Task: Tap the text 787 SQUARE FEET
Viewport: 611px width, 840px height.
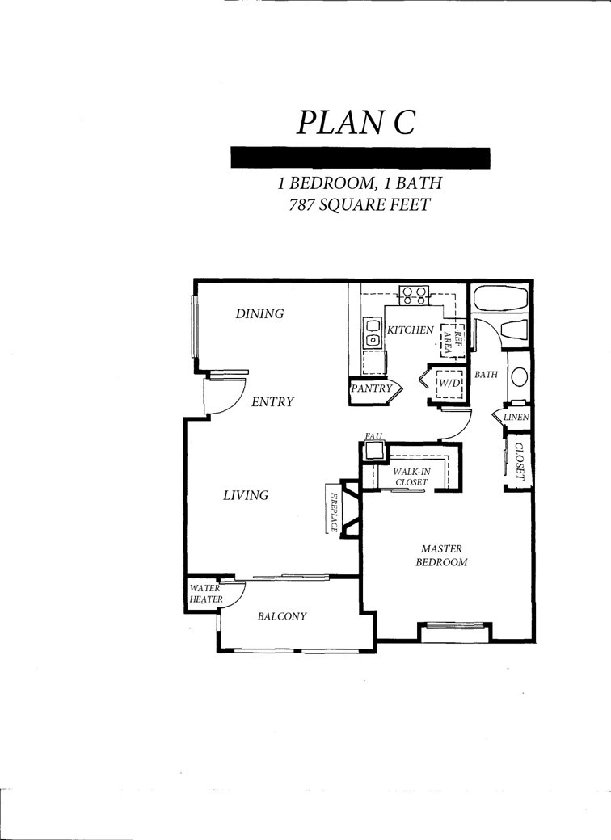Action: [360, 204]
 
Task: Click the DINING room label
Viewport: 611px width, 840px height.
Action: [259, 313]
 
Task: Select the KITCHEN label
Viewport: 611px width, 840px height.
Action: [411, 330]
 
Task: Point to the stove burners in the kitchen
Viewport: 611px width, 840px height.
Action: [415, 295]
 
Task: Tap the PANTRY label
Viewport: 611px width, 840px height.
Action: [371, 388]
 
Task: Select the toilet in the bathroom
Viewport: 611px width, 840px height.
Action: [515, 331]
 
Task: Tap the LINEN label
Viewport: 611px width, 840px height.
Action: [516, 418]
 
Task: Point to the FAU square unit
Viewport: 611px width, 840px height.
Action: [373, 450]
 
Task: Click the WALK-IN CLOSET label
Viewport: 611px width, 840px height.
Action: [411, 477]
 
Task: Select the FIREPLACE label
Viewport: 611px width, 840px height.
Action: [333, 508]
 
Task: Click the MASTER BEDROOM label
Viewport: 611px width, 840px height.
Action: [440, 555]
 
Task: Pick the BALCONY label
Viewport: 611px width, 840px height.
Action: [281, 616]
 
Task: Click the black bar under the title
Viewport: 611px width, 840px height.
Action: [360, 157]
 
